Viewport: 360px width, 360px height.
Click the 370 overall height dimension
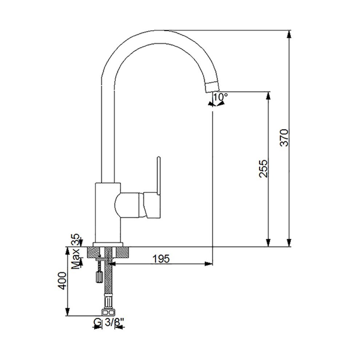pos(284,137)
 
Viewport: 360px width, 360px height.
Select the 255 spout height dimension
pos(263,168)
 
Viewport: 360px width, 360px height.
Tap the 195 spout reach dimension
pos(161,259)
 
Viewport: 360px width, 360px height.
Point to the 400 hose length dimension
pos(62,281)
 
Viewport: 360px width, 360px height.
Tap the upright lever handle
pos(159,176)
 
